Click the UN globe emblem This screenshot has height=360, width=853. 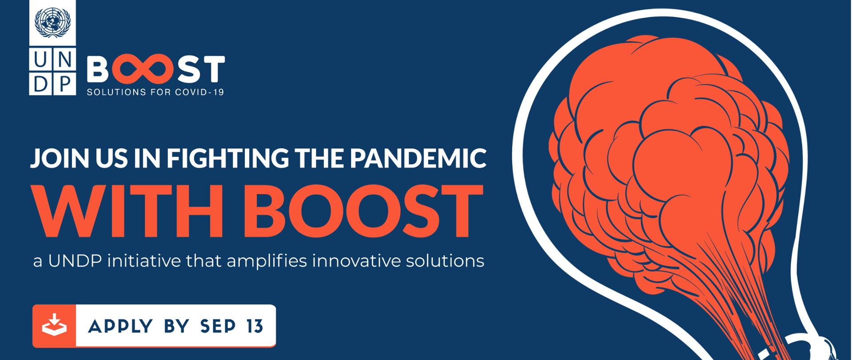pos(52,22)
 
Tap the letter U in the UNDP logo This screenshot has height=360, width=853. pos(40,59)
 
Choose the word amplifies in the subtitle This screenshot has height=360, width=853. pos(267,261)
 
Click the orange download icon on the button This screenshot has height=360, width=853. pos(54,326)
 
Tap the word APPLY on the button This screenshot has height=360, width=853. pos(120,327)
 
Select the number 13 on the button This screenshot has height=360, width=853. pos(255,327)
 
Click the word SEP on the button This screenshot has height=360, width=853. pos(218,327)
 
